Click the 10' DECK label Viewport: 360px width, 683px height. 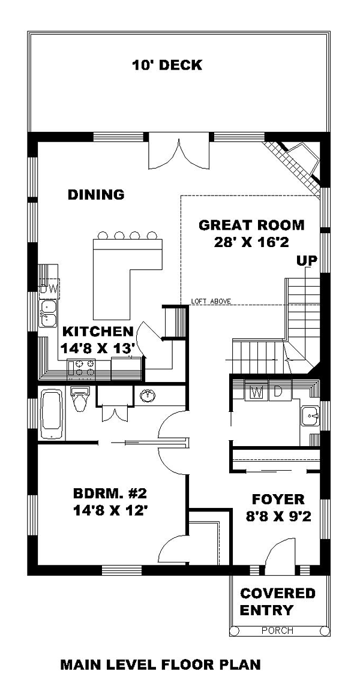click(x=167, y=65)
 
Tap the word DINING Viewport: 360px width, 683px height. click(x=96, y=194)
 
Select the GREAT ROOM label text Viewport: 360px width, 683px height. click(x=251, y=225)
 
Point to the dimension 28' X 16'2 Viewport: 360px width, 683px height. click(x=251, y=242)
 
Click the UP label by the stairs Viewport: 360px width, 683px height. click(x=307, y=260)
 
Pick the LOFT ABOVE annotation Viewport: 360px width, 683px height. click(x=211, y=301)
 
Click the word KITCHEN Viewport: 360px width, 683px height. click(x=98, y=332)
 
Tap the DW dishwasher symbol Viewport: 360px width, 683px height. click(x=49, y=288)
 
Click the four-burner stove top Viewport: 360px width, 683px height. click(x=82, y=367)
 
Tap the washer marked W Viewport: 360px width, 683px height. click(x=257, y=391)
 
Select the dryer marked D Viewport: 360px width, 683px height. click(x=278, y=391)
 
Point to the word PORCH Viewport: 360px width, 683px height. click(x=278, y=630)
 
